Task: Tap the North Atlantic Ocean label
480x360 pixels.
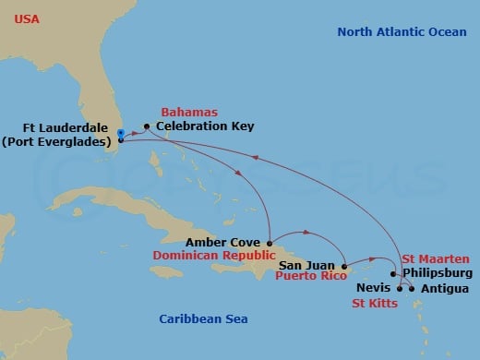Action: pos(402,32)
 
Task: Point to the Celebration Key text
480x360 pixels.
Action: pos(204,126)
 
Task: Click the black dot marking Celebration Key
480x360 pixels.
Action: pos(146,126)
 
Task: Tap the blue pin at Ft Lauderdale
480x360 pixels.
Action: pos(120,136)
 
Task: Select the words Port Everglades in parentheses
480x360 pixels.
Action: pos(60,141)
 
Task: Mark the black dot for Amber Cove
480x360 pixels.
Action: pos(269,243)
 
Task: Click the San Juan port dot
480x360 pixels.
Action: pos(343,264)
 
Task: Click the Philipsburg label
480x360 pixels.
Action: pos(438,273)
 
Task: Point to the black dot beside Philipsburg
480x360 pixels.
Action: pos(394,273)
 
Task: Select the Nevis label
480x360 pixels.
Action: pos(373,288)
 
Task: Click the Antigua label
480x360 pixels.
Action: pos(443,288)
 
